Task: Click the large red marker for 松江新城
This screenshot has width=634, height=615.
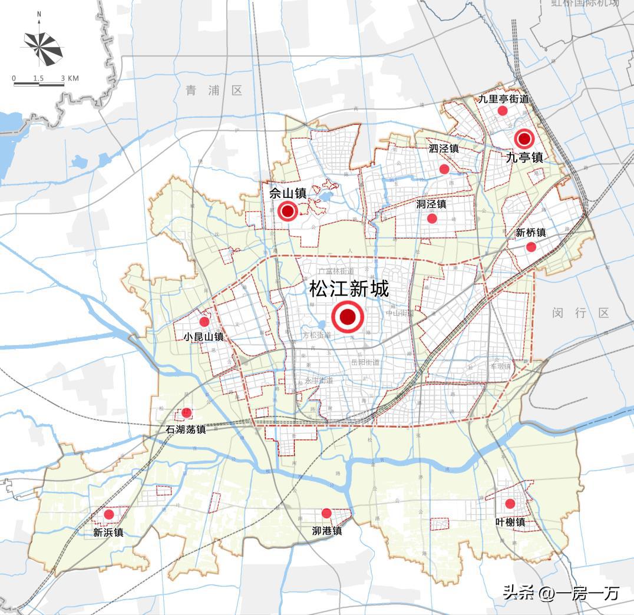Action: click(x=348, y=317)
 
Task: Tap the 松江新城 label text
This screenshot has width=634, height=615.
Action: click(x=349, y=289)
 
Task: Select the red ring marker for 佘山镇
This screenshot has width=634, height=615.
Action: click(x=288, y=210)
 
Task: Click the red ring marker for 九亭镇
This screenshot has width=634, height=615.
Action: click(x=524, y=139)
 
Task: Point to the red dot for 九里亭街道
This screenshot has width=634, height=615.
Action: click(x=503, y=111)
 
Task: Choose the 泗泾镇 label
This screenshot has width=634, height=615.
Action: click(x=444, y=148)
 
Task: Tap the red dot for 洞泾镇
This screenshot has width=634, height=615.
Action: click(x=432, y=219)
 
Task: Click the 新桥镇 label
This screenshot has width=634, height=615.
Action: click(x=530, y=233)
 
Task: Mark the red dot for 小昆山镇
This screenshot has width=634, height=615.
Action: click(x=204, y=322)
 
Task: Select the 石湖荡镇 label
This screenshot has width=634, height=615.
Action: click(x=186, y=429)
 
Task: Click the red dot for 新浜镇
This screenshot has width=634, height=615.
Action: click(x=109, y=514)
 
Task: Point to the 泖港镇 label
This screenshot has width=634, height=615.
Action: click(x=327, y=531)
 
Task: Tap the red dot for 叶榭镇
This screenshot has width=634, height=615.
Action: click(x=510, y=504)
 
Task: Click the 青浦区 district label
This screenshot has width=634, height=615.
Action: click(x=214, y=90)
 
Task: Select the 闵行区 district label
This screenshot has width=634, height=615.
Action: click(x=580, y=313)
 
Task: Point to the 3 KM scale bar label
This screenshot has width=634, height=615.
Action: click(x=70, y=78)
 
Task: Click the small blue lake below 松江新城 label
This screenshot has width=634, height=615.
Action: click(x=321, y=325)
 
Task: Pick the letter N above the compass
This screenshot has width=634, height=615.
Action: click(x=39, y=13)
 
